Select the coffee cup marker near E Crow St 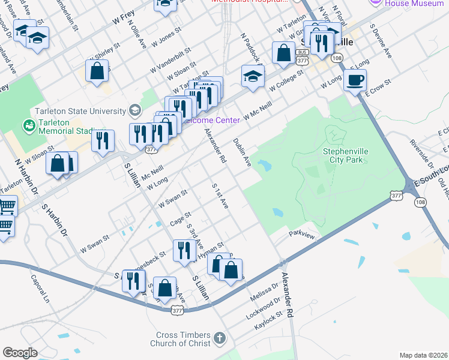(355, 80)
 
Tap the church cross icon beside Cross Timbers (220, 338)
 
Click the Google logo (20, 353)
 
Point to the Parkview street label (301, 234)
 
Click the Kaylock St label (269, 319)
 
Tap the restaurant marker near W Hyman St (182, 250)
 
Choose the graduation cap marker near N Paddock (253, 76)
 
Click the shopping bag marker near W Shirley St (97, 71)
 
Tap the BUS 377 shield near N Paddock (302, 53)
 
